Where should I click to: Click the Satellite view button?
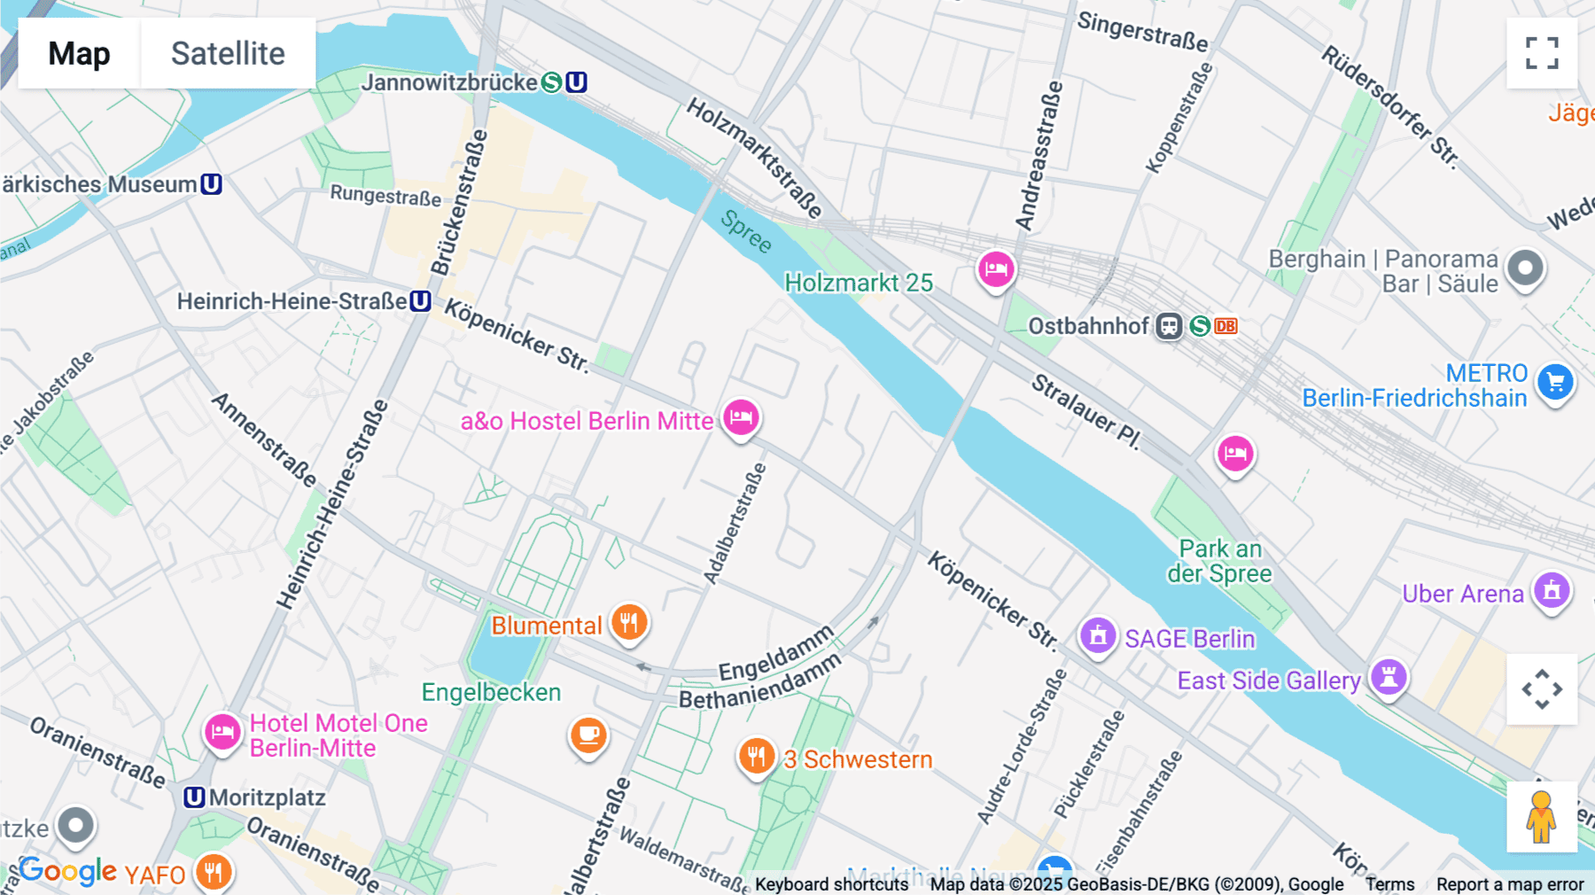click(228, 53)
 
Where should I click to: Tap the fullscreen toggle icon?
click(1542, 53)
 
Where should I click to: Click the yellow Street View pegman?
click(1541, 816)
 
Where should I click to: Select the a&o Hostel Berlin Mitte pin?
click(741, 416)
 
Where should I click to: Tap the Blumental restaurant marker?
click(629, 622)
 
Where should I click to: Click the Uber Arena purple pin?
click(1552, 590)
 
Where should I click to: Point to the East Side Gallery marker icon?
click(1389, 677)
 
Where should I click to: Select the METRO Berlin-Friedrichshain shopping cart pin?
click(1555, 383)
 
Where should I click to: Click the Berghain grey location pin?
click(1525, 268)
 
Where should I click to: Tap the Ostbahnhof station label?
click(1088, 326)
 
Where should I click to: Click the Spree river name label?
click(746, 231)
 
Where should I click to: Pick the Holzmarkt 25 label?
click(859, 283)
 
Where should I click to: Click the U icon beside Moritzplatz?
click(194, 798)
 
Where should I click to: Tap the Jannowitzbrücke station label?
click(449, 82)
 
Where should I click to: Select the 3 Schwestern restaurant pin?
click(756, 757)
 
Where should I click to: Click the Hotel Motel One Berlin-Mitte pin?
click(222, 732)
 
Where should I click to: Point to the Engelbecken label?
click(491, 692)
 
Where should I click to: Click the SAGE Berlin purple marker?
click(1097, 635)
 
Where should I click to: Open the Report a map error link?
click(1510, 884)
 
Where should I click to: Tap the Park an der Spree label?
click(1219, 561)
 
